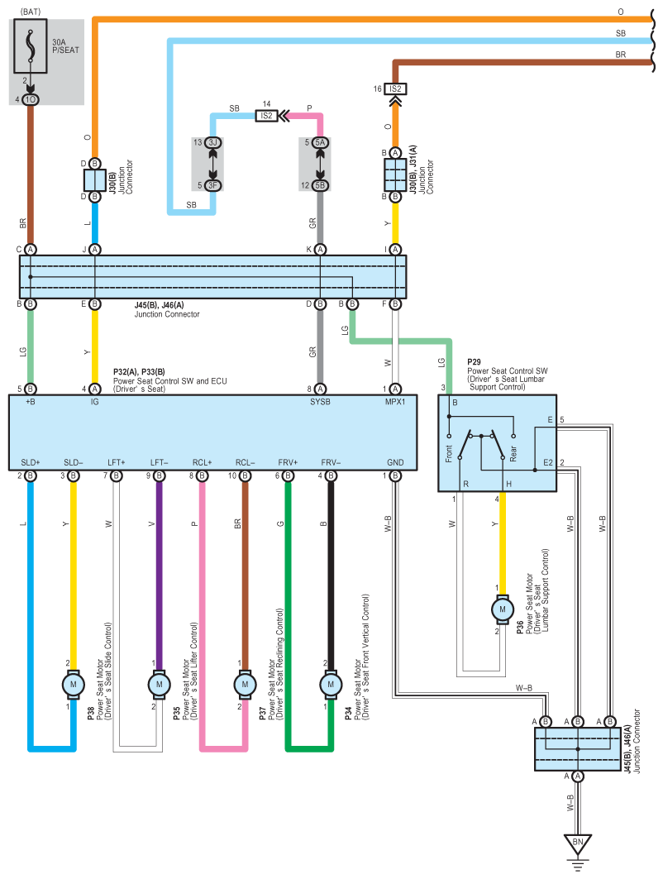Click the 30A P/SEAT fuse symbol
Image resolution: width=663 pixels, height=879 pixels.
click(x=31, y=46)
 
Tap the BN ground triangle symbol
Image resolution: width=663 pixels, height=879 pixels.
click(x=578, y=843)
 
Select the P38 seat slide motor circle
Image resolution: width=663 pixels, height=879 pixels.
click(x=74, y=685)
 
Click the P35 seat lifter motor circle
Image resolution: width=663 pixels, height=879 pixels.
click(x=160, y=685)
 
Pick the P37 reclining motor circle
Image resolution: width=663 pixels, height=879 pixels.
click(x=245, y=685)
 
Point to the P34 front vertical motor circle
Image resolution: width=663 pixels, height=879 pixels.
click(x=331, y=685)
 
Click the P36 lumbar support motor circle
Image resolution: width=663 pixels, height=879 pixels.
click(x=502, y=609)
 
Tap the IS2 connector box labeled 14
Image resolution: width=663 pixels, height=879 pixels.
click(x=266, y=116)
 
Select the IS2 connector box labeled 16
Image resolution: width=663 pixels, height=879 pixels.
click(x=395, y=88)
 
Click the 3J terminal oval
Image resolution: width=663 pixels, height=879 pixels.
click(x=213, y=142)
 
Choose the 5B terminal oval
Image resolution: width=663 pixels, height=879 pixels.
click(x=320, y=185)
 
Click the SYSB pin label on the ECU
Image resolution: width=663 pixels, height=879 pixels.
click(x=320, y=401)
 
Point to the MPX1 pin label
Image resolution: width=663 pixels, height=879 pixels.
click(x=395, y=401)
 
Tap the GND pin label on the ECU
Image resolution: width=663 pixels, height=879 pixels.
click(x=395, y=462)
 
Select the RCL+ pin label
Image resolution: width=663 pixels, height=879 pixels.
click(x=202, y=462)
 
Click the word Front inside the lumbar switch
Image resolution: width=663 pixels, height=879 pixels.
click(x=448, y=453)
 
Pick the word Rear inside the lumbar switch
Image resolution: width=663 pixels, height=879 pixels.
click(x=513, y=453)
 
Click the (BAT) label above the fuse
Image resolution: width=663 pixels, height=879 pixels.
click(x=31, y=12)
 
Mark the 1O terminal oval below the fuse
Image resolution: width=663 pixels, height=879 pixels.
click(x=31, y=100)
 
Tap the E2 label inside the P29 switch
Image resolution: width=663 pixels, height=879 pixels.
click(x=547, y=462)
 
